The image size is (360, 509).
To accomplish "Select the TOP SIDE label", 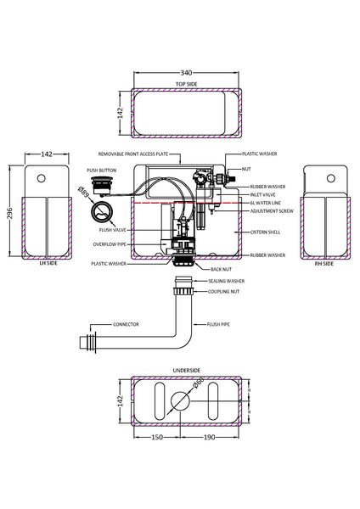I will [186, 85].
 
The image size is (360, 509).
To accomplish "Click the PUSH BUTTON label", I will [101, 171].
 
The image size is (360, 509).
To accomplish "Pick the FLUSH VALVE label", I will [113, 229].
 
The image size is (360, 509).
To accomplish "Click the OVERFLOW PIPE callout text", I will [110, 243].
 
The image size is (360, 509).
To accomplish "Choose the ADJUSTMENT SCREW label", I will [269, 211].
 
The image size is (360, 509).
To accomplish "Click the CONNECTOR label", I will [126, 324].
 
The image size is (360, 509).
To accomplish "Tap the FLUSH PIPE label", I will [219, 324].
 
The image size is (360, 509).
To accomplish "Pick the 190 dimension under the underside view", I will [209, 438].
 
